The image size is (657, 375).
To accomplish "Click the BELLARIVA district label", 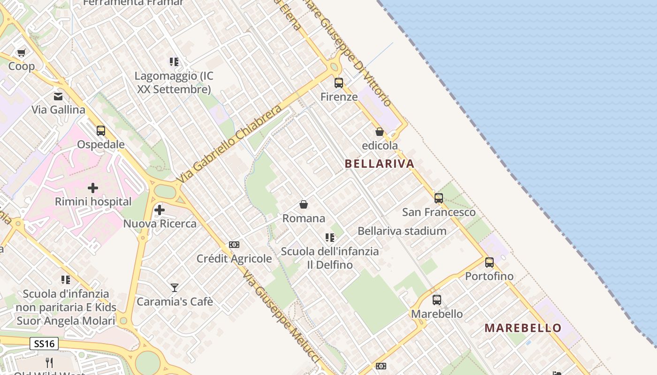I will click(x=379, y=164).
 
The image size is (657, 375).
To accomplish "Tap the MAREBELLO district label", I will click(x=523, y=328).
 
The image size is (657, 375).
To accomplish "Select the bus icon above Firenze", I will click(x=339, y=83).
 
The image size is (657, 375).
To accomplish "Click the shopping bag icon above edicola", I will click(x=380, y=132).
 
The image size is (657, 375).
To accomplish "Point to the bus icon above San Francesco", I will click(x=439, y=198).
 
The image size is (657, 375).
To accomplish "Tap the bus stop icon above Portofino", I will click(x=489, y=262).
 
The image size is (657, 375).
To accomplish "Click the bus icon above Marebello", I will click(x=437, y=300).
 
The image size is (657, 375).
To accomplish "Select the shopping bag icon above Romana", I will click(x=304, y=204).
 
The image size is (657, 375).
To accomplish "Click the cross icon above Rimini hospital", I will click(x=93, y=188).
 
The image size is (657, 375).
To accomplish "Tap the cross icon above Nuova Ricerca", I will click(x=160, y=210).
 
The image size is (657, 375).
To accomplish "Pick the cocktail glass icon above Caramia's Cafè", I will click(x=175, y=287).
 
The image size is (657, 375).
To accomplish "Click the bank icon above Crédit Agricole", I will click(x=234, y=245).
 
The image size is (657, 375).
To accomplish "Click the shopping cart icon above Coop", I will click(x=21, y=52).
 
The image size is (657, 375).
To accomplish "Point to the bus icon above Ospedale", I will click(x=101, y=131).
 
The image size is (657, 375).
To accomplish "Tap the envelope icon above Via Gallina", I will click(x=58, y=97).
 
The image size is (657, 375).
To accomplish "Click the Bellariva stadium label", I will click(x=402, y=231).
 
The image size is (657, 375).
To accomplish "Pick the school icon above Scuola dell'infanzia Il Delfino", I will click(x=330, y=238).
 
